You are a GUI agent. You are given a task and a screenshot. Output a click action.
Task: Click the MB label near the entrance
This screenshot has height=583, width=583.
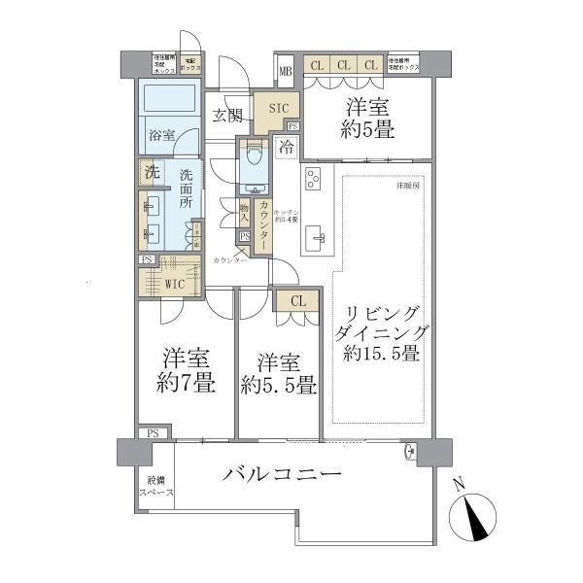point(285,71)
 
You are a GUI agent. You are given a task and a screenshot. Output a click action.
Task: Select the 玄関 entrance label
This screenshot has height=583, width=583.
point(228,115)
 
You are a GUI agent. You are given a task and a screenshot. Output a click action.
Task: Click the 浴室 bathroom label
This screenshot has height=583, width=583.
point(161,135)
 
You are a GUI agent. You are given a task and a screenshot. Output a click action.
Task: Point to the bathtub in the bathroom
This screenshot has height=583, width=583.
point(170,101)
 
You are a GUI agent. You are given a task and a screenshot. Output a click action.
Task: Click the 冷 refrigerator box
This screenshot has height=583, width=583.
point(287,149)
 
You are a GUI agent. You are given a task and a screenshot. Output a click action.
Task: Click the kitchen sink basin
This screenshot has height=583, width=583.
point(316,236)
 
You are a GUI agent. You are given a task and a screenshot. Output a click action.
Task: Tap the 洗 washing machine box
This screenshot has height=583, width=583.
point(151,172)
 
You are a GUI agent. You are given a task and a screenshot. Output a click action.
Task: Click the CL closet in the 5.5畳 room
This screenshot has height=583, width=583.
point(297,301)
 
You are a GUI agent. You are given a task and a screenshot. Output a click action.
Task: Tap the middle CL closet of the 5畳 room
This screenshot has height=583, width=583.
point(343,65)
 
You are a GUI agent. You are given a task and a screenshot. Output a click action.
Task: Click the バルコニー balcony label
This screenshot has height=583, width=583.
point(282,475)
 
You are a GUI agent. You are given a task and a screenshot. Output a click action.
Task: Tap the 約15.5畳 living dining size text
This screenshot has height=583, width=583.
point(382,355)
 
